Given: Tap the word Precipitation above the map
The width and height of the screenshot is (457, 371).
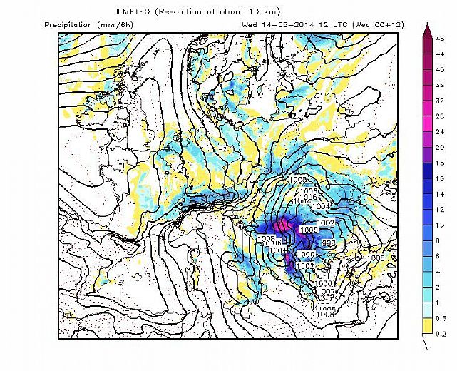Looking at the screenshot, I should point(70,24).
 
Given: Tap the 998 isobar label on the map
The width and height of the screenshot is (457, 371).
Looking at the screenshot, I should point(328,244).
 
